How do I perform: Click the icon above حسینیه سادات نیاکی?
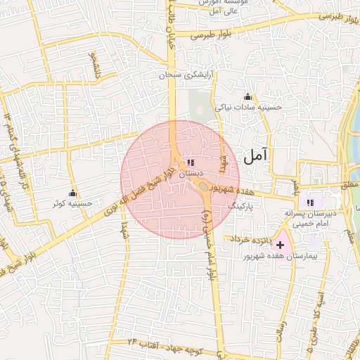click(247, 97)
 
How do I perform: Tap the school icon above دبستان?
click(191, 162)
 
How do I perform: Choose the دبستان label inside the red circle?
click(191, 172)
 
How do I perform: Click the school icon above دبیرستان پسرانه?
click(311, 202)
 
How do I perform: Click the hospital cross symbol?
click(281, 245)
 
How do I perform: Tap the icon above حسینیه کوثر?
click(72, 193)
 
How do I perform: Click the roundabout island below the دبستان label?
click(203, 186)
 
